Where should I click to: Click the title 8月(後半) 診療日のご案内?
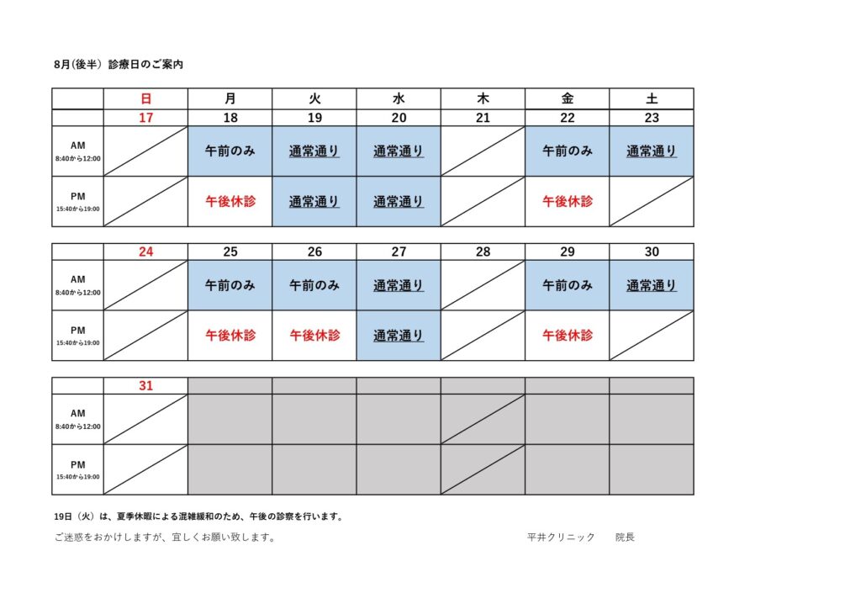point(119,64)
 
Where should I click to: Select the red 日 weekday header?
point(146,99)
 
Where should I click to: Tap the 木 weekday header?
point(483,99)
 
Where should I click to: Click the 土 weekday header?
point(652,99)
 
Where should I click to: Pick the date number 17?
point(146,118)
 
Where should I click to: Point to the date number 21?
point(483,118)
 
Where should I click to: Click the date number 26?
point(314,252)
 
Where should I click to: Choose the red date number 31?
point(146,385)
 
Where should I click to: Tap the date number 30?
point(652,252)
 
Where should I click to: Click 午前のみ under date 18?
point(230,151)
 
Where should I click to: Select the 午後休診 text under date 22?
point(568,202)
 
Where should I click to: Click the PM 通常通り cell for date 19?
point(314,202)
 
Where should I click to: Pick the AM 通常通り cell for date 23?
point(652,151)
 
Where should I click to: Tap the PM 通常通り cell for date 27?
point(399,336)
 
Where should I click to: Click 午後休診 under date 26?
point(314,336)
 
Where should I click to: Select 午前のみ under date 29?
point(568,285)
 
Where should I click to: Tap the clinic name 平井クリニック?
point(561,537)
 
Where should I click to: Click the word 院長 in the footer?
point(626,537)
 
